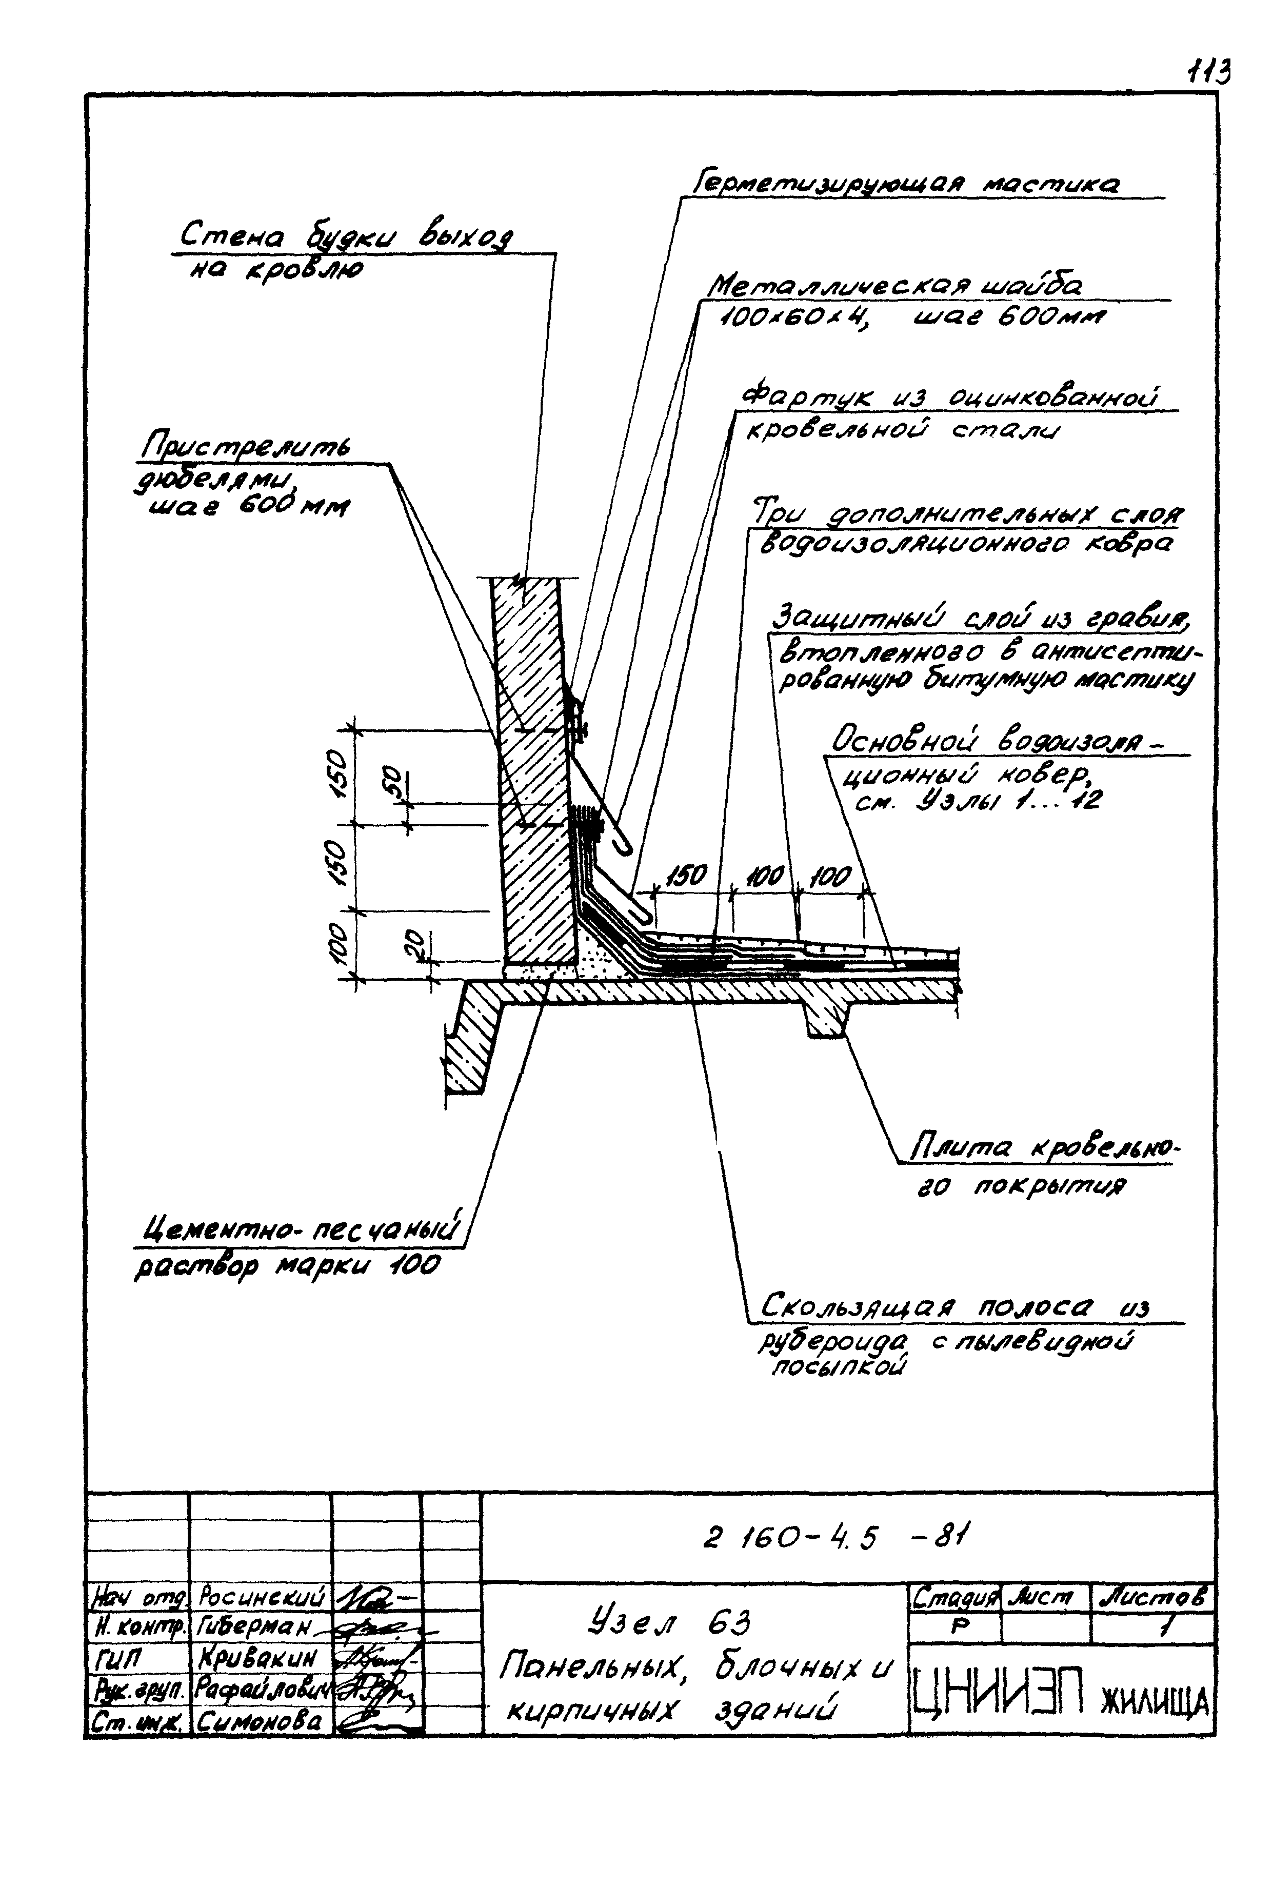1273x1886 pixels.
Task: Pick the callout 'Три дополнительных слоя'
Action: pos(966,515)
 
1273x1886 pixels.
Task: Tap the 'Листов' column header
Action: pos(1152,1599)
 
